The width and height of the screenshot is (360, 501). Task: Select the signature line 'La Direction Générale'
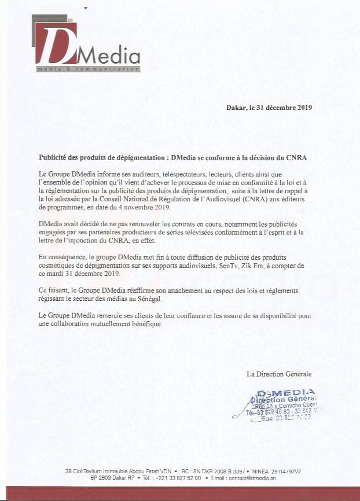(x=279, y=374)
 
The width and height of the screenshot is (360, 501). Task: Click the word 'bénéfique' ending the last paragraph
(x=145, y=323)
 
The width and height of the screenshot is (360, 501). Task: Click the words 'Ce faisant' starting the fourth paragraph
(x=54, y=290)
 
